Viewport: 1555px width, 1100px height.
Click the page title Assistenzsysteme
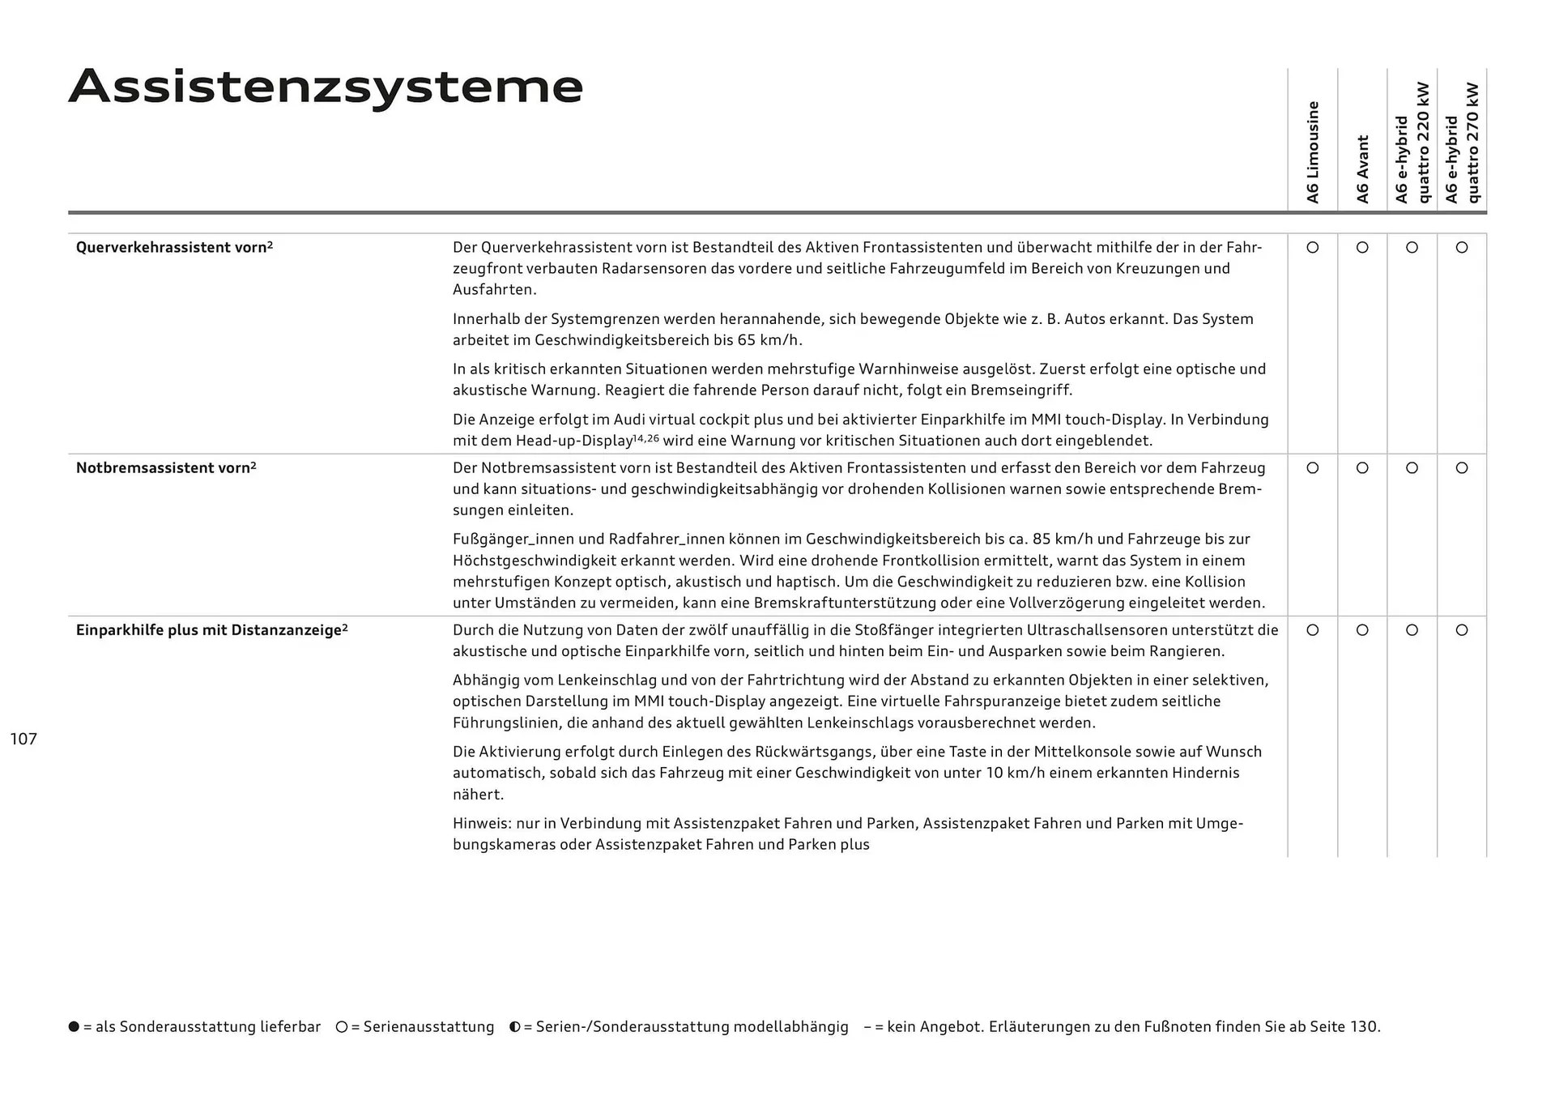[326, 87]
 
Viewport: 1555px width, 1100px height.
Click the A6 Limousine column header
[1313, 152]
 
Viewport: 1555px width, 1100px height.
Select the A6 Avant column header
[1362, 168]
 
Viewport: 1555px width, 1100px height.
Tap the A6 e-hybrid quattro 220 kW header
[1412, 143]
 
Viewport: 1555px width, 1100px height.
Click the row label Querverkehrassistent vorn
[174, 247]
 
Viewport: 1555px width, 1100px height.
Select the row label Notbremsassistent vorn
[166, 467]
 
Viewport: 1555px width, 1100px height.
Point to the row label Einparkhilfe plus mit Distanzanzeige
[211, 629]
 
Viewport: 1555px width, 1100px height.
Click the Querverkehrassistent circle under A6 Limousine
[1313, 247]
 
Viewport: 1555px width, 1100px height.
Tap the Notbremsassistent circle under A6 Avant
[1362, 467]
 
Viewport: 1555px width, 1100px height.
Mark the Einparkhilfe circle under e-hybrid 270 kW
[1462, 629]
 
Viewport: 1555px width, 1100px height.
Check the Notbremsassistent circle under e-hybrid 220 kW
[1412, 467]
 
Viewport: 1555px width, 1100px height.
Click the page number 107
[23, 739]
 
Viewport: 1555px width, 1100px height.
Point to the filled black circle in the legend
[74, 1026]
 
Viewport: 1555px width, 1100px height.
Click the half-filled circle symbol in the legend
[514, 1026]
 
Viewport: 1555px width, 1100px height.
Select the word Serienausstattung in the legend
[428, 1026]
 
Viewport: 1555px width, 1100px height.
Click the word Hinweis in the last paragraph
[481, 823]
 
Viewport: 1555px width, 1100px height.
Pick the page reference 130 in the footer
[1363, 1026]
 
